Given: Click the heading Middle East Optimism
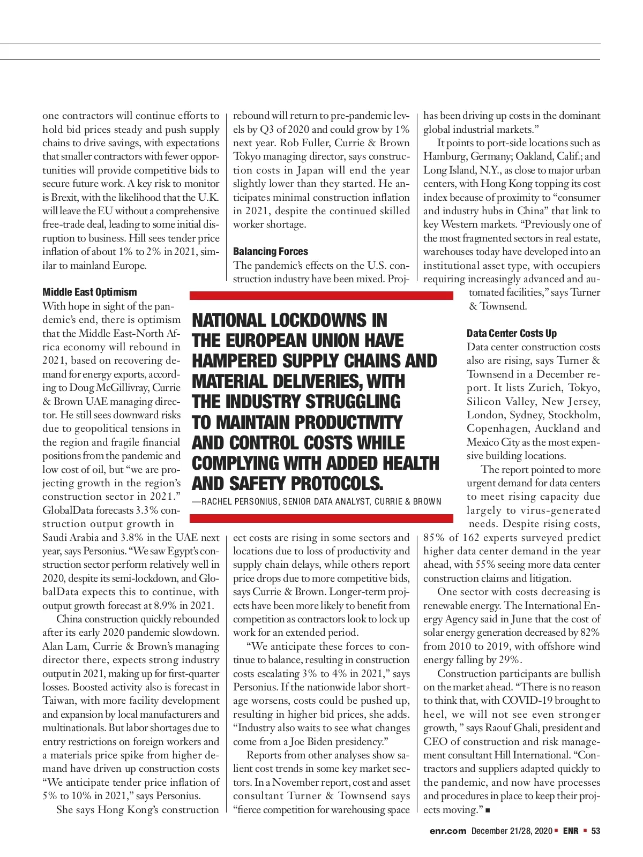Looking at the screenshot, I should coord(89,292).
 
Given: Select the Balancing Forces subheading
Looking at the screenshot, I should coord(271,251).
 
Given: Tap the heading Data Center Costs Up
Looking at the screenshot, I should coord(512,333).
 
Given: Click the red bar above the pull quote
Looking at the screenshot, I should coord(322,295).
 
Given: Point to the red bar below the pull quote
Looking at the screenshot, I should coord(322,518).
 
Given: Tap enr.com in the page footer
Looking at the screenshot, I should coord(448,831).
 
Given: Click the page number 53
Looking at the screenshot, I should coord(595,831).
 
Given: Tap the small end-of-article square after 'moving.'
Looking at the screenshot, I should coord(488,810).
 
